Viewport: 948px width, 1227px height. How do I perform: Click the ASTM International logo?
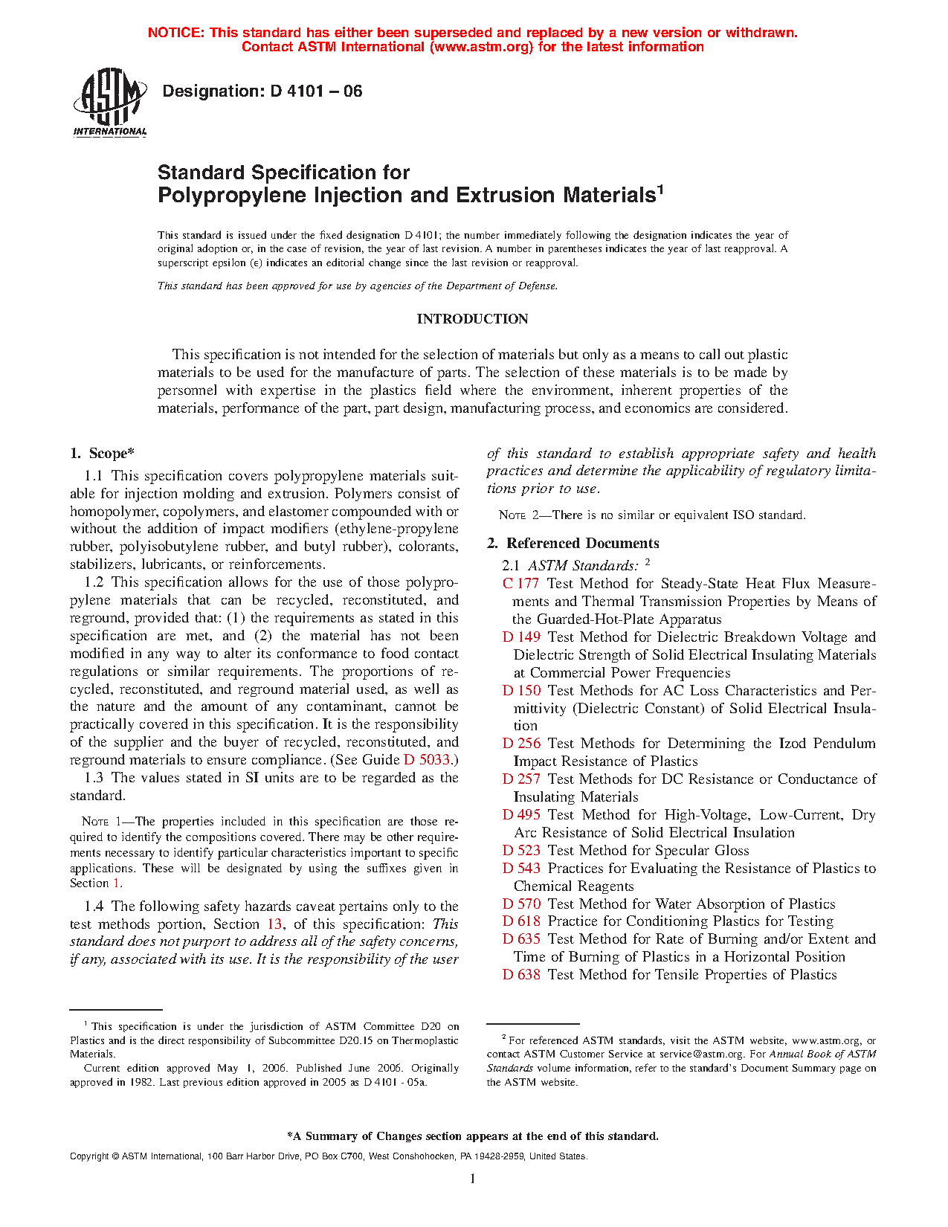[109, 102]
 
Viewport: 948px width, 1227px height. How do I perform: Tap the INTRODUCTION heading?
[472, 319]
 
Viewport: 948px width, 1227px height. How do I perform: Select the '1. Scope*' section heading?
[103, 454]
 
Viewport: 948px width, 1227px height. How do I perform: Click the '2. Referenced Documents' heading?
[573, 544]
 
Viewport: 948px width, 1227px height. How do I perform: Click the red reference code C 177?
[520, 584]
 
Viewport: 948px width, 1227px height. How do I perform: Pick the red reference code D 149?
[521, 637]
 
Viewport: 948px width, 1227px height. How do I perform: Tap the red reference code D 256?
[521, 744]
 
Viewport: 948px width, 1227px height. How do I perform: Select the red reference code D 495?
[521, 815]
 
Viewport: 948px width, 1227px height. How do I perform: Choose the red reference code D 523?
[521, 851]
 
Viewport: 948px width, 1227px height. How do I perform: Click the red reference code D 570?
[521, 904]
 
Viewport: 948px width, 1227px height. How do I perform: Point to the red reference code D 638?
[521, 975]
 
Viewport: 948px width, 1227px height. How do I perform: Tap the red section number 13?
[275, 924]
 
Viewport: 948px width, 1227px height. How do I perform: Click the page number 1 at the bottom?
[472, 1178]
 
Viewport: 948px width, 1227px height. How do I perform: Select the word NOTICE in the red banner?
[175, 33]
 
